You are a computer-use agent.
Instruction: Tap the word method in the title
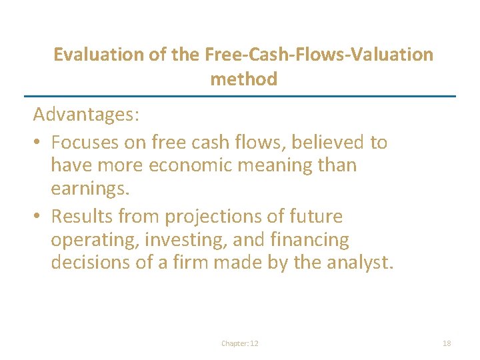243,79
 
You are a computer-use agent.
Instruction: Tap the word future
313,217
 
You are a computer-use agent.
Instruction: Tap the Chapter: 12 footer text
240,343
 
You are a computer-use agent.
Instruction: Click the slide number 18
447,343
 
